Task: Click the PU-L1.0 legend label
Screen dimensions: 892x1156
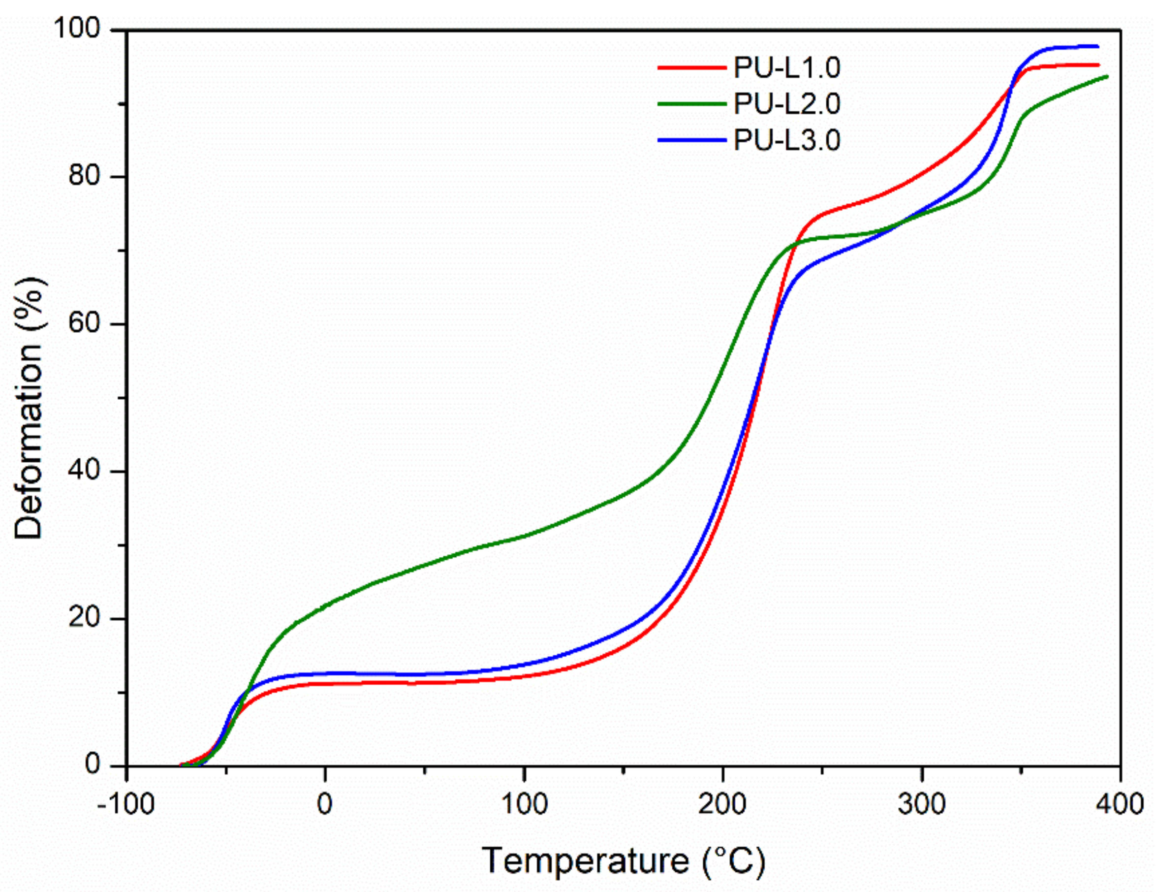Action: point(786,68)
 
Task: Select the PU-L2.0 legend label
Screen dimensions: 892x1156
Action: point(786,104)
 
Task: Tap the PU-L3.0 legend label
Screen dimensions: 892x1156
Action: point(786,141)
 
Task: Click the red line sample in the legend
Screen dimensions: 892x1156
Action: point(691,68)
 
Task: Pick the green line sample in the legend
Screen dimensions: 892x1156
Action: point(691,104)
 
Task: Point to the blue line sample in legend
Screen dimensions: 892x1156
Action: point(691,140)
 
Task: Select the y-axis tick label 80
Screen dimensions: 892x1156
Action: point(84,176)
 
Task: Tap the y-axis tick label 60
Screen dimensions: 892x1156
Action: point(84,323)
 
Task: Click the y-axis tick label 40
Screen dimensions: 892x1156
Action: point(84,471)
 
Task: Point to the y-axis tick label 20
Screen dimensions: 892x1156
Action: point(84,618)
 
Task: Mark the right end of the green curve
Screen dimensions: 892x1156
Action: point(1107,77)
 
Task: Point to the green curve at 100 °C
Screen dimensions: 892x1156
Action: point(524,536)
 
